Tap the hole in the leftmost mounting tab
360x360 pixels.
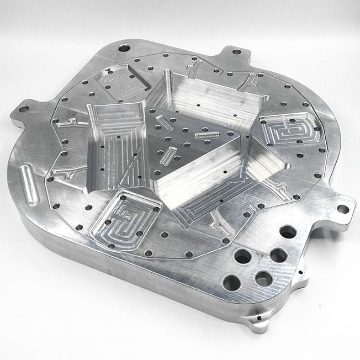(x=23, y=109)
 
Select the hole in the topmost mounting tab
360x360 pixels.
(x=236, y=51)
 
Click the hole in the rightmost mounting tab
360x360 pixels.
(x=342, y=209)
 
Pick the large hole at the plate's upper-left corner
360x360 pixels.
(x=124, y=48)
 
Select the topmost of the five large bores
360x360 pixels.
(x=288, y=231)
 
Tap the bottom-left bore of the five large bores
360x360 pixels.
(x=231, y=282)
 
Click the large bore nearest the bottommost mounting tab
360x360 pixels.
(x=264, y=279)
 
